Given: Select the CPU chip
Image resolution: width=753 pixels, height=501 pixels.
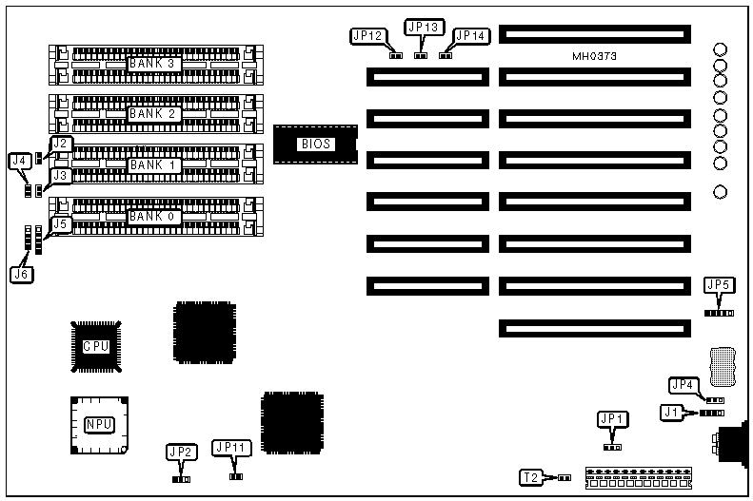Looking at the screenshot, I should click(96, 346).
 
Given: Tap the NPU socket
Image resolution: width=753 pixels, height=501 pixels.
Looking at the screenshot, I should click(96, 424).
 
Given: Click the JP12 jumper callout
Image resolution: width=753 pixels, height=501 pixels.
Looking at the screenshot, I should click(367, 36).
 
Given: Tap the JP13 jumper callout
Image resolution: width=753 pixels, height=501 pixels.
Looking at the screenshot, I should click(421, 28).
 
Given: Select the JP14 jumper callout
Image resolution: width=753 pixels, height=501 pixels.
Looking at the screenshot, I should click(470, 36).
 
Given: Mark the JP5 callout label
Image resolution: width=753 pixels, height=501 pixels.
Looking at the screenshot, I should click(719, 284).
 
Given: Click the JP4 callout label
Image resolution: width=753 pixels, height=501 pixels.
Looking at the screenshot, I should click(683, 385).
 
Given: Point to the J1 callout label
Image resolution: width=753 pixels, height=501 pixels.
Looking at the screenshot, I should click(672, 413).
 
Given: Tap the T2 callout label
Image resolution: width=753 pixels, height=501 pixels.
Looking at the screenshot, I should click(531, 476).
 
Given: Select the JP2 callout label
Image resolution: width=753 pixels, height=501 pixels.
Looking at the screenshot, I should click(181, 452).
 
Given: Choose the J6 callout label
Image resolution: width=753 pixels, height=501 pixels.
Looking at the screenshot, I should click(21, 274).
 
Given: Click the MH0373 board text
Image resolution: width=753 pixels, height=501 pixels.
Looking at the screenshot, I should click(595, 57).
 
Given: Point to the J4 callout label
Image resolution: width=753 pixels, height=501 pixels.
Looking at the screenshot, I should click(18, 162).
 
